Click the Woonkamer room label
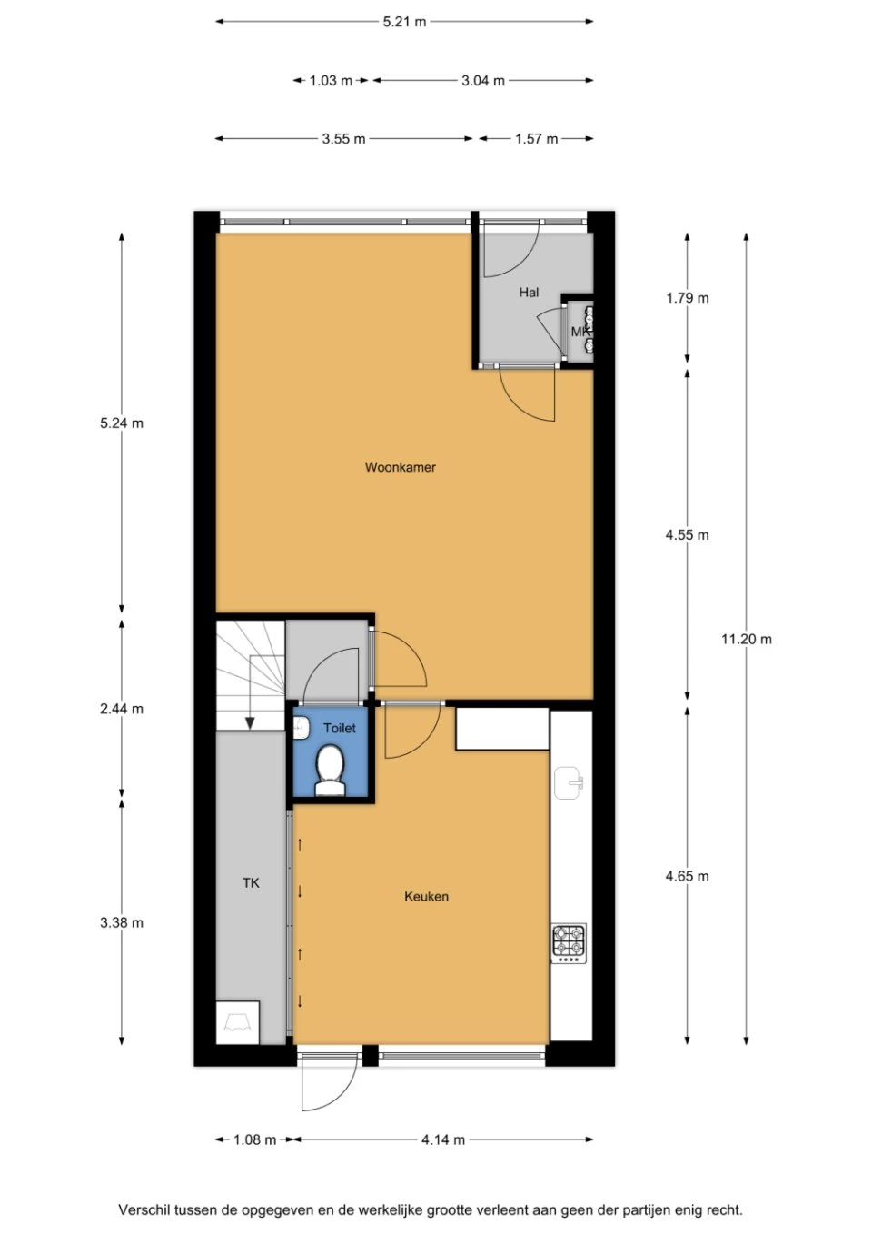[x=401, y=467]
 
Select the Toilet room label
[x=339, y=728]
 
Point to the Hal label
[x=529, y=292]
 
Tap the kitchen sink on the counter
[x=568, y=782]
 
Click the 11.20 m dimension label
[x=747, y=639]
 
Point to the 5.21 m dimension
[x=404, y=22]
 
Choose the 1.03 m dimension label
[x=331, y=81]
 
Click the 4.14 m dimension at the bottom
[x=443, y=1139]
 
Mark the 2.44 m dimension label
[x=122, y=709]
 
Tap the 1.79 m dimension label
[x=687, y=298]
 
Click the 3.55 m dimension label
[x=343, y=139]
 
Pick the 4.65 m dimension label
[x=687, y=875]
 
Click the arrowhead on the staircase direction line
[x=250, y=722]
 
